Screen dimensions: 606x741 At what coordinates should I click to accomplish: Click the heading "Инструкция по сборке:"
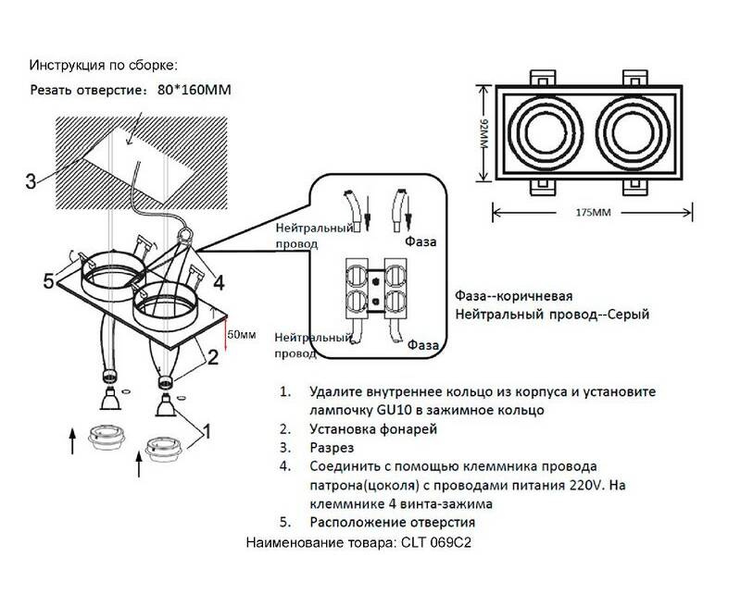tap(102, 66)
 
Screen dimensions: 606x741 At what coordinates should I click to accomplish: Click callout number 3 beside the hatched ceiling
tap(31, 181)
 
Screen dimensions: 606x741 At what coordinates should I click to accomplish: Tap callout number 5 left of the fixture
tap(48, 279)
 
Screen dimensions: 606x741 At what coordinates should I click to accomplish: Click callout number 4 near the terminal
tap(220, 283)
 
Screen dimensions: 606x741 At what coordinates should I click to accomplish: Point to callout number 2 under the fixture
tap(212, 354)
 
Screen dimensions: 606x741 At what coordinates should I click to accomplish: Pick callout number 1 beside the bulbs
tap(207, 430)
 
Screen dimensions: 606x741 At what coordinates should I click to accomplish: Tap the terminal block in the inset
tap(378, 287)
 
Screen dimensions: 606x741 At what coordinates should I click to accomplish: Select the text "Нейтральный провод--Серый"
tap(552, 315)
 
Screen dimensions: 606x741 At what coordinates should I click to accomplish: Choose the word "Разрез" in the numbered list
tap(331, 447)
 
